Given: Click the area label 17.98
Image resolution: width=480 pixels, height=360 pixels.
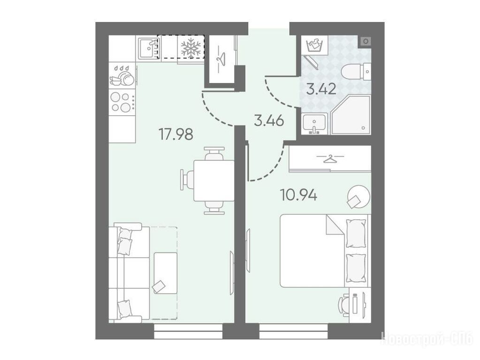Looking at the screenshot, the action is (x=175, y=134).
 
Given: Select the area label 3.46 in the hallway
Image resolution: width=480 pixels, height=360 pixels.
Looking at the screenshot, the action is (x=269, y=121).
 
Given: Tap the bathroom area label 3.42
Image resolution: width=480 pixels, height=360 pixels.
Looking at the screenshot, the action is (x=321, y=89).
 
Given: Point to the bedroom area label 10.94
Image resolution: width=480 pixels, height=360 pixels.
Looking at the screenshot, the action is (x=299, y=195).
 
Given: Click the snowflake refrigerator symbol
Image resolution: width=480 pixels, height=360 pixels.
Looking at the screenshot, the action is (x=190, y=47).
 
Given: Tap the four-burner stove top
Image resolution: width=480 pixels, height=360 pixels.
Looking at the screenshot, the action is (x=122, y=102).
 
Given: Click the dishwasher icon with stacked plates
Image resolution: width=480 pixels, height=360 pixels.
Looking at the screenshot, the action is (x=122, y=75).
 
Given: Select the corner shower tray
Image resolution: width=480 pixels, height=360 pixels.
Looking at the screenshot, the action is (x=351, y=115).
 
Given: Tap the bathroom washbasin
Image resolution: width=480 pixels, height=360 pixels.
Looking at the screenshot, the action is (x=314, y=124).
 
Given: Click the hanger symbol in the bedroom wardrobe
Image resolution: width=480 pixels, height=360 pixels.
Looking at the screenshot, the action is (x=330, y=158).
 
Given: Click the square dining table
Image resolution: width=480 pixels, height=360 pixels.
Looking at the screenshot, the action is (x=214, y=180).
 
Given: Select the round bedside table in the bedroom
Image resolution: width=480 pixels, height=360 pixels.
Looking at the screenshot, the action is (x=359, y=197).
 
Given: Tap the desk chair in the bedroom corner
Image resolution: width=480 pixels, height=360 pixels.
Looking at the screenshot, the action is (x=343, y=303).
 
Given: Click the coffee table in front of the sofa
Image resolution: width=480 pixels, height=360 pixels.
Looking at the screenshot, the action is (x=166, y=273).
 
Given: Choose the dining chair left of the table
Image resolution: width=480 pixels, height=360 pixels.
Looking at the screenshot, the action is (x=187, y=180).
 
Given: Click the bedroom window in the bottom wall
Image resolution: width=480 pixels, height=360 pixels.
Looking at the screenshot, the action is (x=294, y=331).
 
